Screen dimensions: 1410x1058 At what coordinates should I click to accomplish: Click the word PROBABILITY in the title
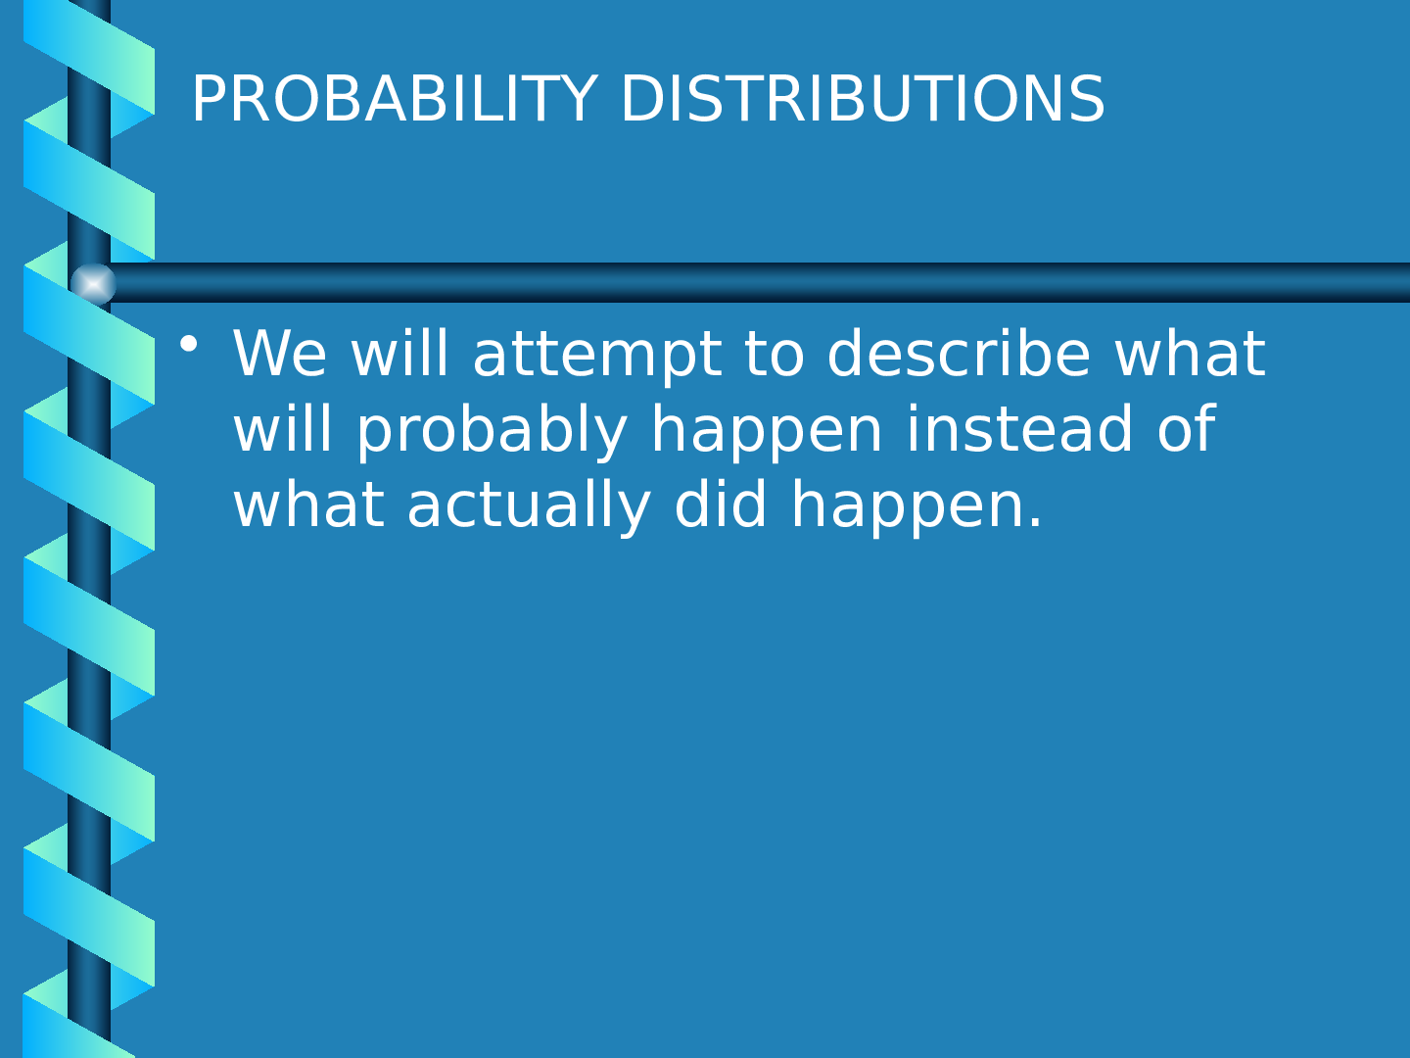395,99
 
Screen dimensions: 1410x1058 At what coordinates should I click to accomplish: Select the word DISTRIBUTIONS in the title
863,99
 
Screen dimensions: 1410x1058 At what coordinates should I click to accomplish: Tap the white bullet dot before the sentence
189,344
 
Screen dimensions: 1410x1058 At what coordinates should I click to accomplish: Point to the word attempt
597,356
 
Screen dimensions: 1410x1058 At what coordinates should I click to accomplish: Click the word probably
493,430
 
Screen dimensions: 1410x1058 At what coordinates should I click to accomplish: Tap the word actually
530,505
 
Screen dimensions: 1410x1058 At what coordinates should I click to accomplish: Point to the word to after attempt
775,354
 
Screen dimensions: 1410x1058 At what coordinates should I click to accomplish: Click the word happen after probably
767,430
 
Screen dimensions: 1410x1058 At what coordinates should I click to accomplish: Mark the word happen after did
907,505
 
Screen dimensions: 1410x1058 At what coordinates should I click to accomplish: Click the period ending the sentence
1034,521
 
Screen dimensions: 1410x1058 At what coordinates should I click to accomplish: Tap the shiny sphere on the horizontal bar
93,283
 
